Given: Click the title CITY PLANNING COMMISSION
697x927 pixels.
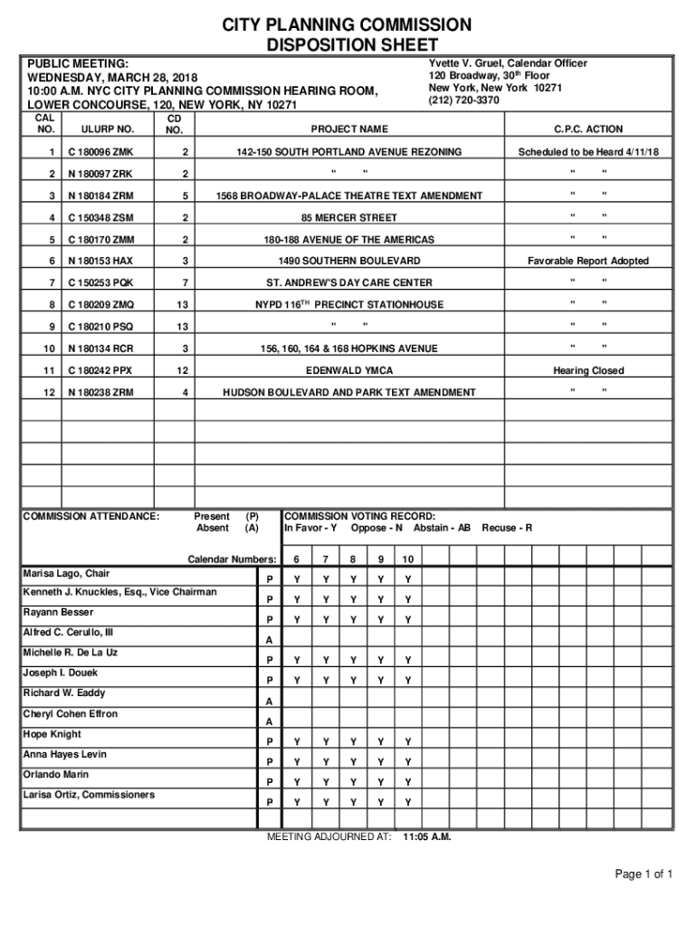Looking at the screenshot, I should (x=348, y=24).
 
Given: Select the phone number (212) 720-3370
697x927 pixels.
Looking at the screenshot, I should (x=463, y=100).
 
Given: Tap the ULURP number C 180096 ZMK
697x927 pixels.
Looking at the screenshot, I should (x=100, y=152).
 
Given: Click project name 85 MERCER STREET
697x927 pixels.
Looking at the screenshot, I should (x=348, y=217).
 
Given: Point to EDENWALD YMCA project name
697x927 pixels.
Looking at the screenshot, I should (x=348, y=370).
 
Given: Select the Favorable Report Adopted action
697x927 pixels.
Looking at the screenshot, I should (x=588, y=261).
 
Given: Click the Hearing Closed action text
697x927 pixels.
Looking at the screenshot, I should (x=588, y=370).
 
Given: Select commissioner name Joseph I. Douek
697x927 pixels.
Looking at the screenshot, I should (x=60, y=673).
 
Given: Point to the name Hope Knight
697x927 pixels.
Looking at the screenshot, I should (x=52, y=734).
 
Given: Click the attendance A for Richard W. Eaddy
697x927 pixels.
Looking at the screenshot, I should (x=269, y=702).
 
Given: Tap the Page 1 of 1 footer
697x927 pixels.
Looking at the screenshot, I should (x=644, y=874).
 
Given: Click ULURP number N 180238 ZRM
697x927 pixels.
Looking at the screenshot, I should (x=100, y=392).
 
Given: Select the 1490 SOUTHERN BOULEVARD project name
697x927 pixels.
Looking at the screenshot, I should (x=348, y=261).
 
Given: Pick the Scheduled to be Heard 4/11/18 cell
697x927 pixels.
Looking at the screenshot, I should (x=588, y=152).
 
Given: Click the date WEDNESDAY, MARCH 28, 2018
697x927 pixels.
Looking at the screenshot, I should (x=112, y=78).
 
